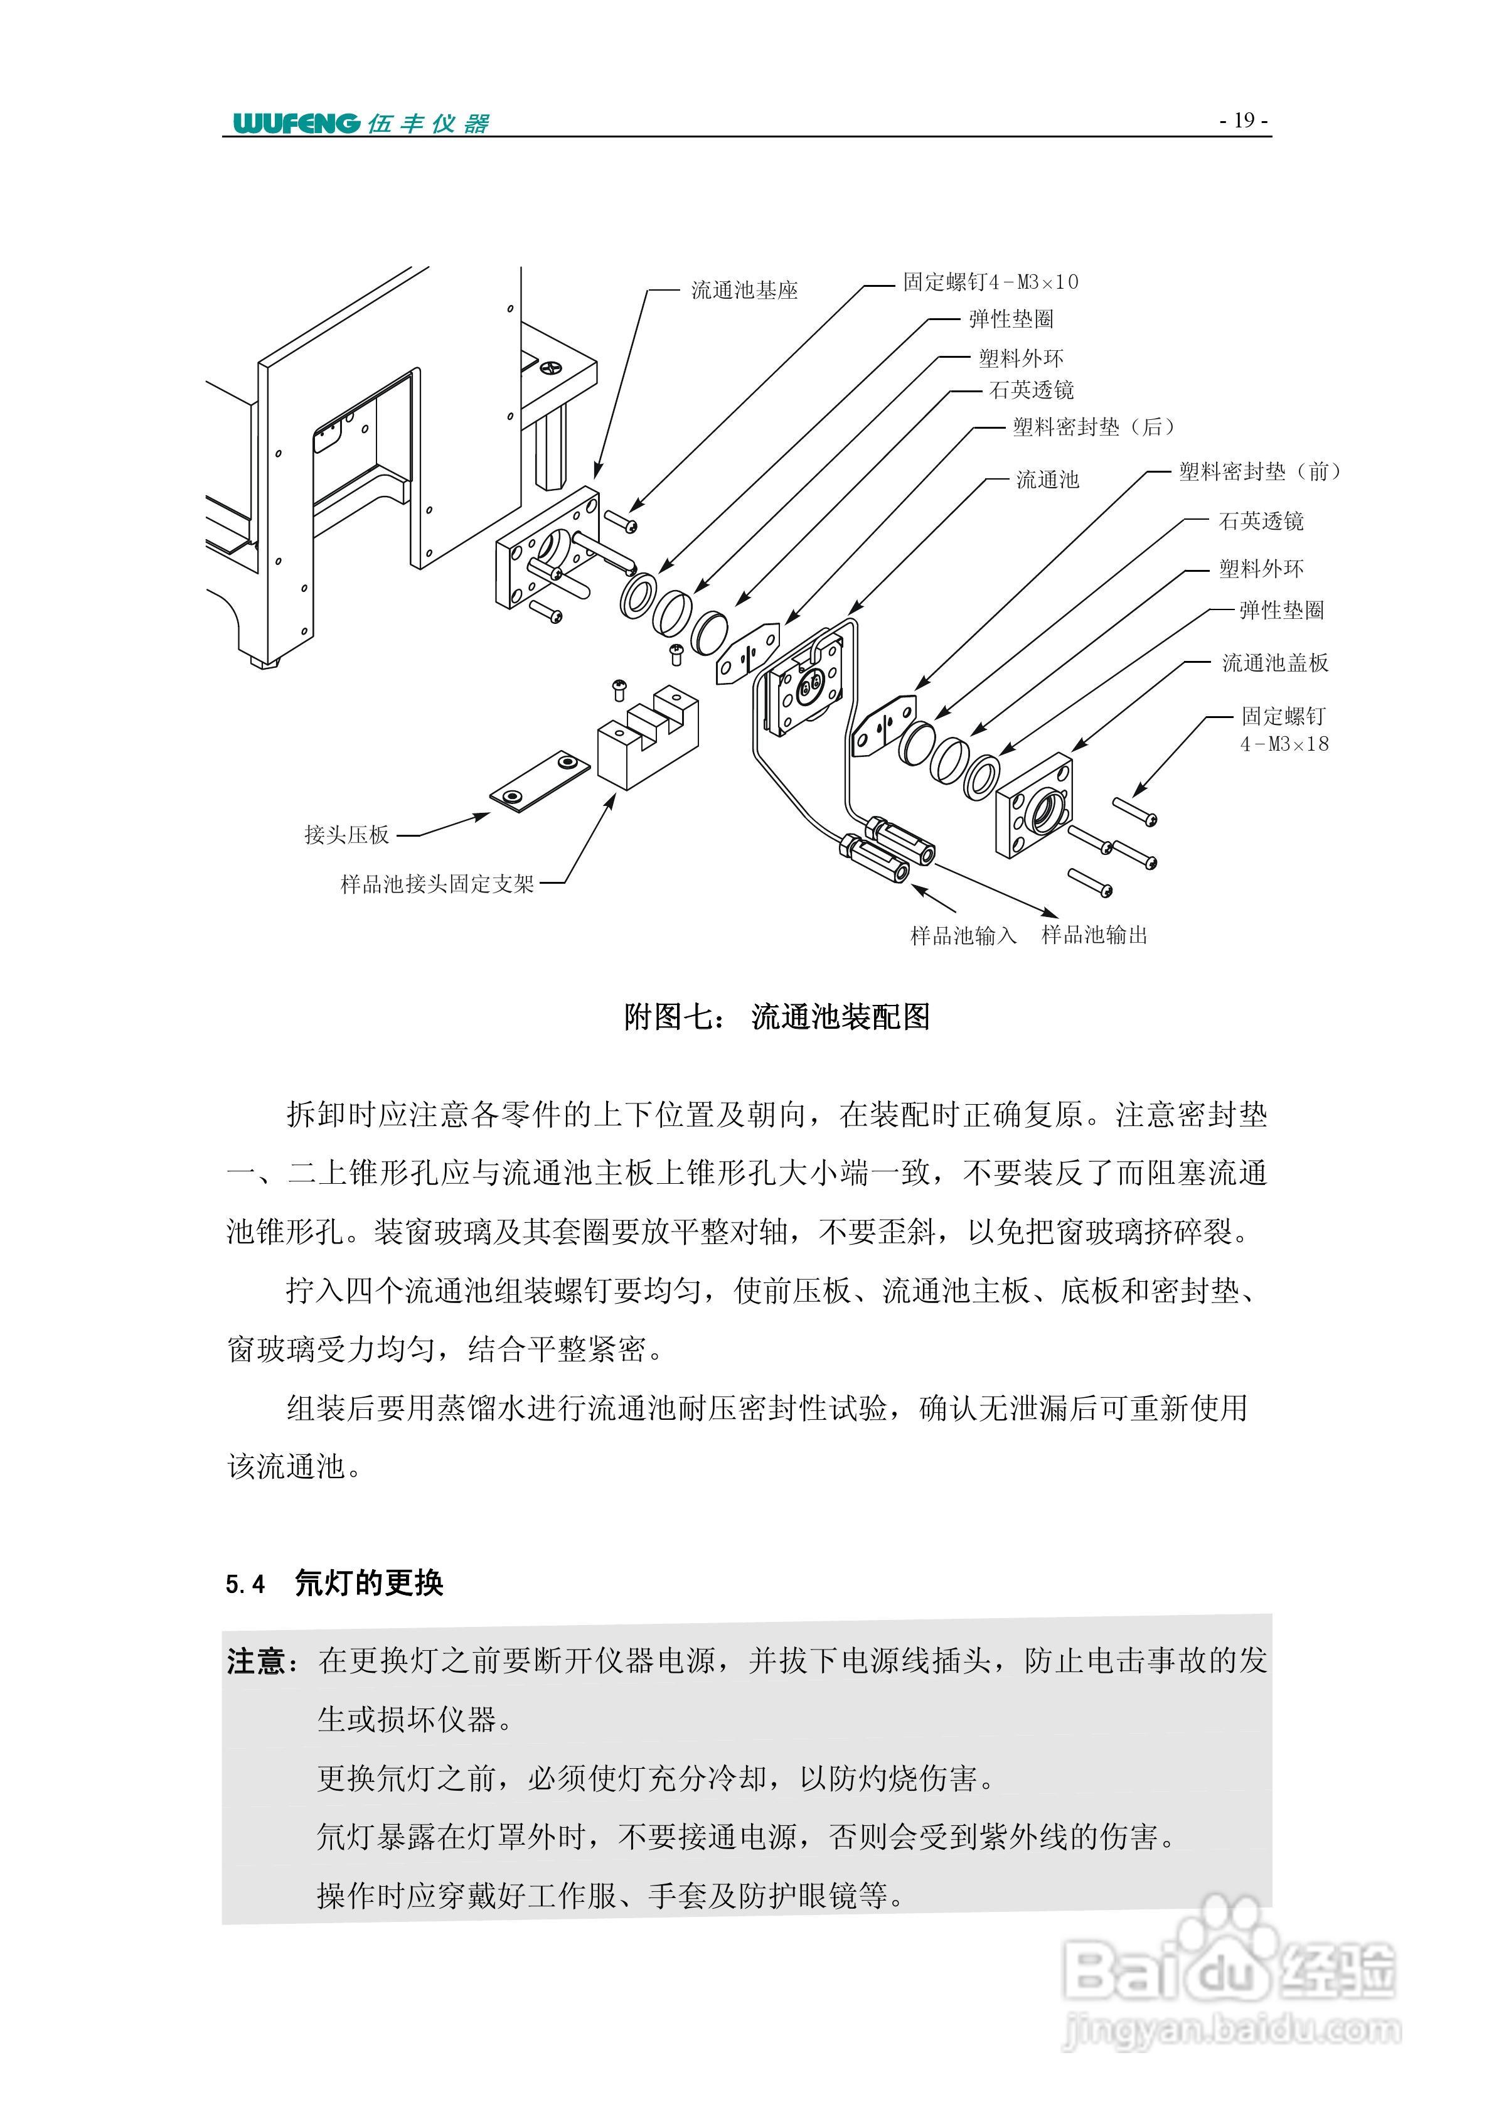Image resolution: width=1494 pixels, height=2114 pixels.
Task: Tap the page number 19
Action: point(1244,121)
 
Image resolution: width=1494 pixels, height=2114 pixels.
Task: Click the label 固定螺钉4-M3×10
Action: point(990,282)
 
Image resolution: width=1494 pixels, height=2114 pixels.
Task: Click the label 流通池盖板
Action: point(1275,663)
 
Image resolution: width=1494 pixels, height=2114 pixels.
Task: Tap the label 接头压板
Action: point(347,835)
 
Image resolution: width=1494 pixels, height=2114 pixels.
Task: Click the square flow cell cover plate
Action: point(1033,805)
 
